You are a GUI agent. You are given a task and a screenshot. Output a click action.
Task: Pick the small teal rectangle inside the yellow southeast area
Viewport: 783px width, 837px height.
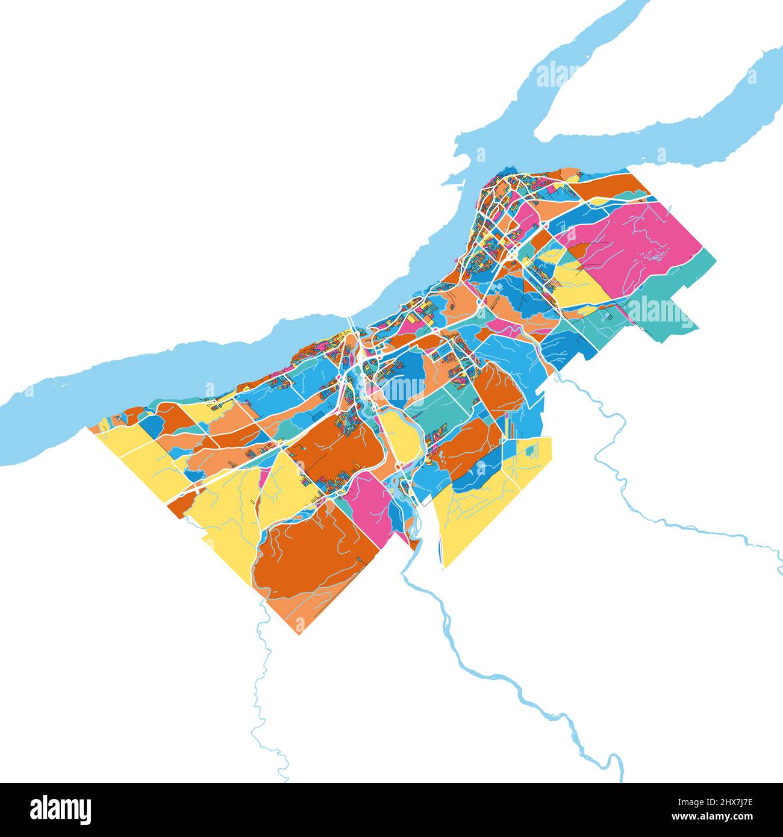[x=530, y=449]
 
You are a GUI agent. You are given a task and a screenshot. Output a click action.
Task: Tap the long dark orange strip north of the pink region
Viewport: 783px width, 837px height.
[x=614, y=187]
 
